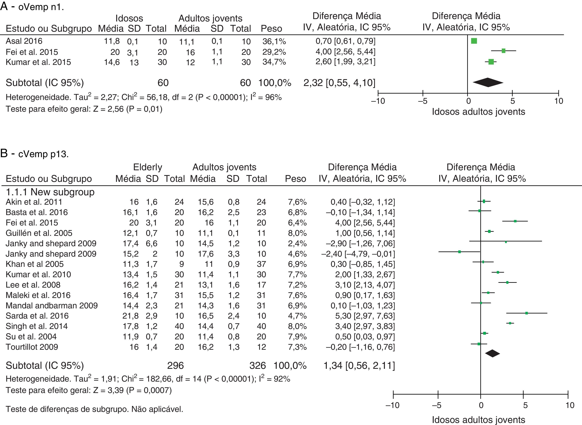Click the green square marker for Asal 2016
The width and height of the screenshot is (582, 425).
tap(474, 41)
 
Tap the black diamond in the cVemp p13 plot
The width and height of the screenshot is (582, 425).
tap(492, 353)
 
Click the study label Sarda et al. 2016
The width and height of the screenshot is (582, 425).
tap(37, 316)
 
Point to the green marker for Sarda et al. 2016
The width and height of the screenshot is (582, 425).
tap(526, 313)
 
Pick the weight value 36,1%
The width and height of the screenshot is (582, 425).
tap(274, 41)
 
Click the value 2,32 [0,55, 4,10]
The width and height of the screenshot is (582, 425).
tap(339, 83)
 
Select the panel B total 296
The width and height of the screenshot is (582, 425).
tap(175, 365)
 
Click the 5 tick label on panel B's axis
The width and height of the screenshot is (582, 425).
tap(525, 405)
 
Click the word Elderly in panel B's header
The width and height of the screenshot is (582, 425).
tap(148, 167)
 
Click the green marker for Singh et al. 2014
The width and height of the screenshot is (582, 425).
tap(510, 323)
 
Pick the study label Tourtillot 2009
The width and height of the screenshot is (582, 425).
tap(32, 347)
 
